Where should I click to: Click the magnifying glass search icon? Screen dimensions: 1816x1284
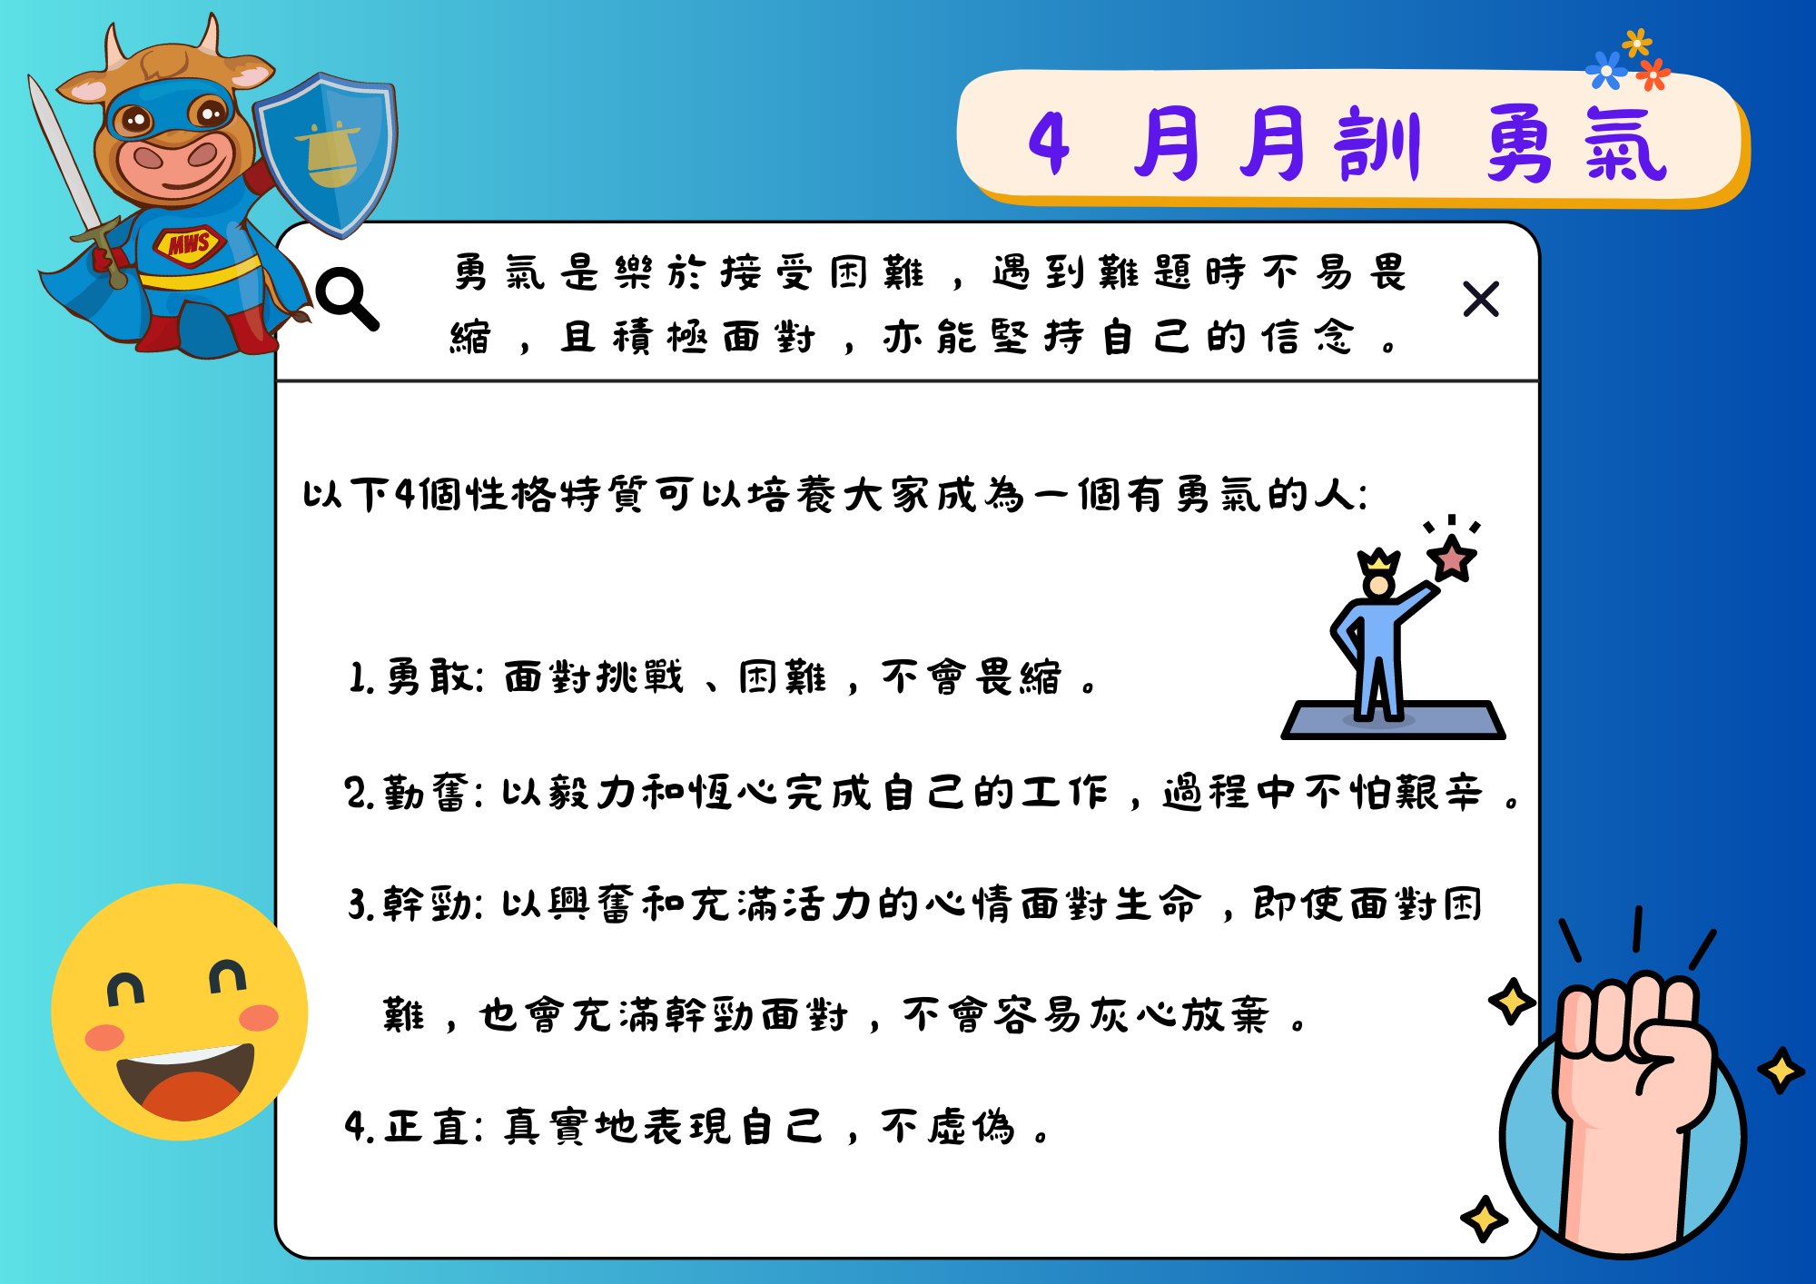[x=347, y=298]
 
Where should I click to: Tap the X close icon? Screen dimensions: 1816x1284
[x=1481, y=299]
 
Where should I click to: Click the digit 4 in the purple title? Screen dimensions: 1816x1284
[x=1049, y=143]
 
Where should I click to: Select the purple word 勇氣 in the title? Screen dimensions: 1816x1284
[x=1576, y=143]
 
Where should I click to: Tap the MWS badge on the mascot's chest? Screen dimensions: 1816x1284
[x=189, y=244]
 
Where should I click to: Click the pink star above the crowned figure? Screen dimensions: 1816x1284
[x=1452, y=558]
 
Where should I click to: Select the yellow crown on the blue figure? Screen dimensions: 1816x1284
[x=1378, y=560]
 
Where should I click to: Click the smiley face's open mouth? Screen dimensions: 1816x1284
[x=186, y=1081]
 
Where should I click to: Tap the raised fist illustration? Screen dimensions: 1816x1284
[x=1625, y=1108]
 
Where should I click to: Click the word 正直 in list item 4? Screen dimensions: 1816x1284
[x=426, y=1127]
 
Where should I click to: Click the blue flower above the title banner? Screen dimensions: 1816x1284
[x=1606, y=71]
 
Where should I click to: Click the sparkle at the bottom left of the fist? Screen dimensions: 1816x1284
[x=1485, y=1219]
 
